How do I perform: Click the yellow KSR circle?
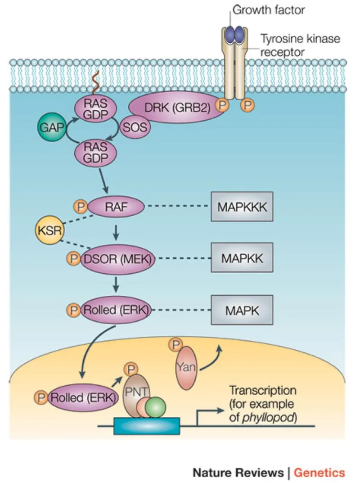[x=49, y=232]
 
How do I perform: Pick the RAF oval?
[x=116, y=207]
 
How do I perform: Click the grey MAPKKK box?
[x=242, y=208]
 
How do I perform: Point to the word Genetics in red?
[x=319, y=472]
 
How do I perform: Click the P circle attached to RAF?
[x=81, y=207]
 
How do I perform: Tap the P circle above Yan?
[x=174, y=345]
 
